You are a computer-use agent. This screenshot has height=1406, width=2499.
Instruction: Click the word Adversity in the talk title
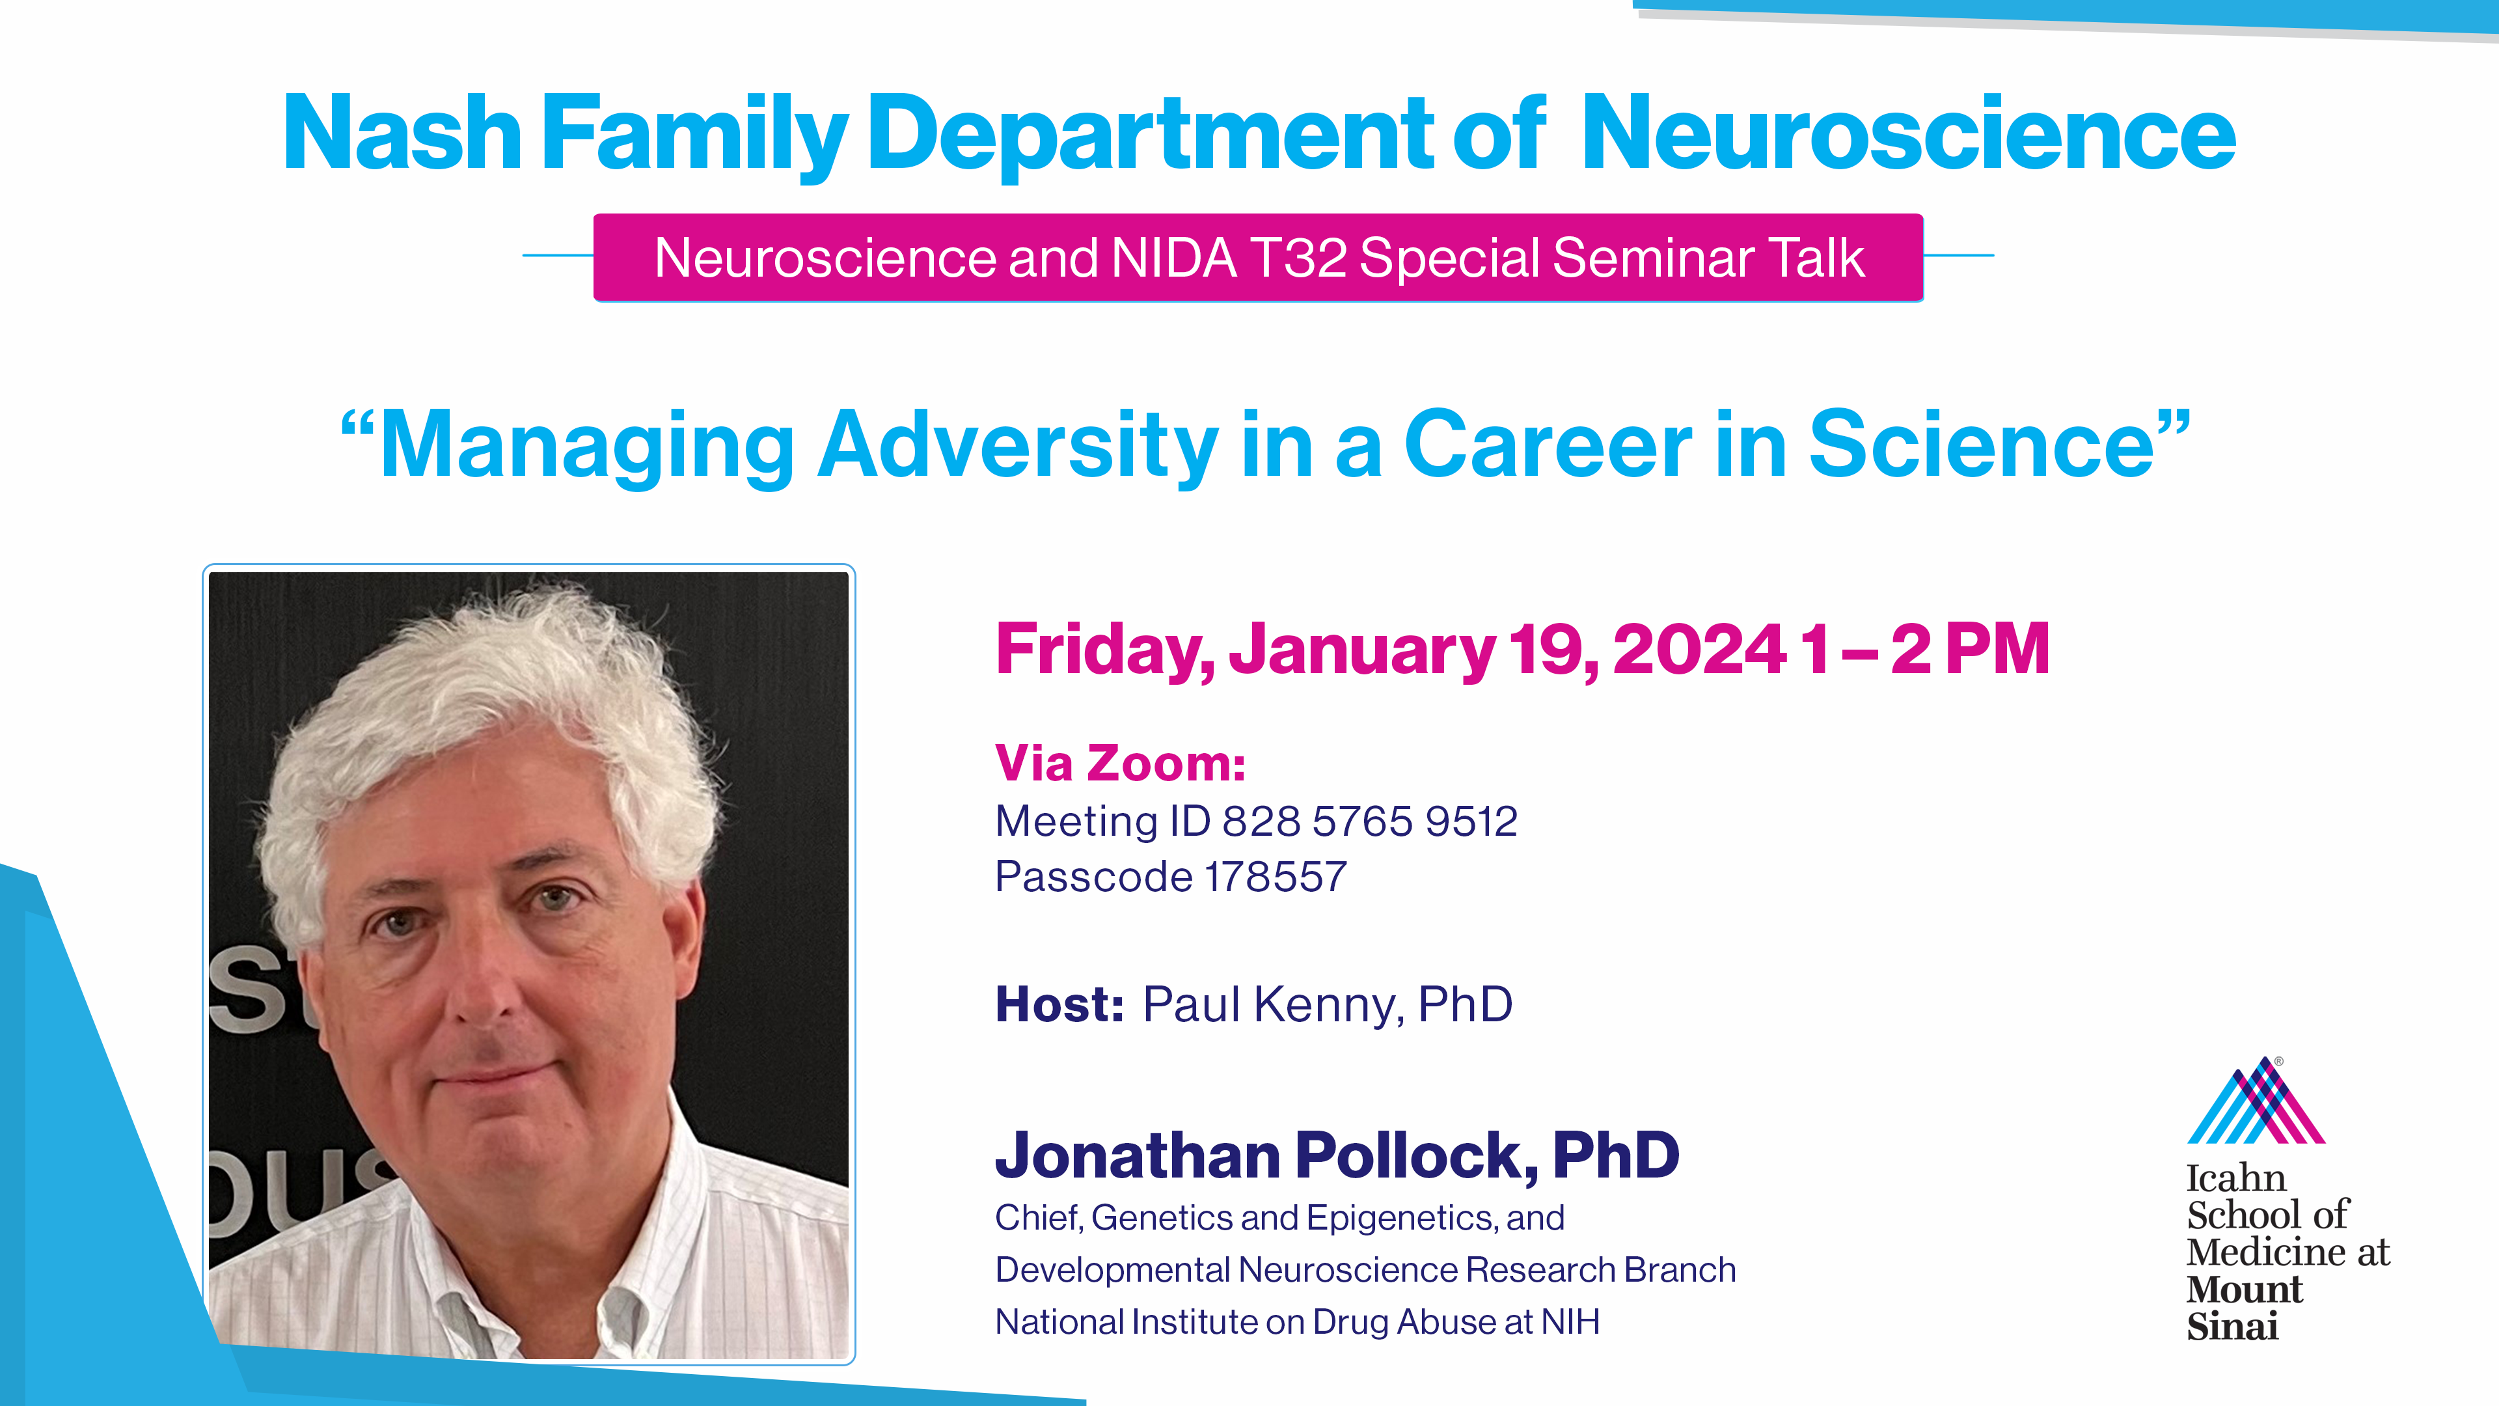click(1018, 447)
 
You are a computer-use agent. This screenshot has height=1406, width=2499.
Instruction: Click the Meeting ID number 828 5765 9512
click(1369, 822)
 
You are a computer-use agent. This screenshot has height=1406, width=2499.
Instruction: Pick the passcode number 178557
click(1275, 877)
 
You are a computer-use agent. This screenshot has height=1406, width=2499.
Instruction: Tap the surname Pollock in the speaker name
click(1416, 1155)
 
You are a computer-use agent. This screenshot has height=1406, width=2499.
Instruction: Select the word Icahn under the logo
click(2236, 1179)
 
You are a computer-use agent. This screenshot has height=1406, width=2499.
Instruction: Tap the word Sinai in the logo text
click(2232, 1327)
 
